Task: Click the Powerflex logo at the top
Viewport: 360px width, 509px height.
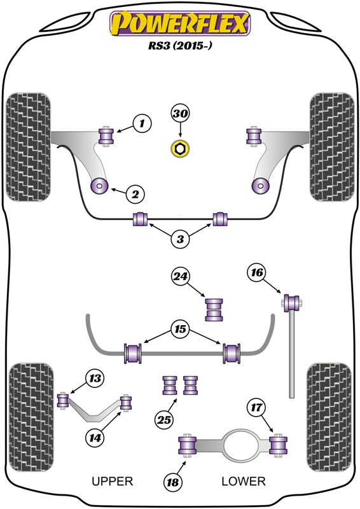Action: coord(180,24)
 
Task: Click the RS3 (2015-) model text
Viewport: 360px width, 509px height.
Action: coord(180,47)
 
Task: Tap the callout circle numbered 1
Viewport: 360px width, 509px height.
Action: coord(142,123)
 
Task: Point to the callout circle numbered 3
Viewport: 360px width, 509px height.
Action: coord(181,239)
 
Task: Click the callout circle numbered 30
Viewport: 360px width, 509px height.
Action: coord(181,115)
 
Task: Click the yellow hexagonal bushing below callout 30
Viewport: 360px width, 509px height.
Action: coord(180,150)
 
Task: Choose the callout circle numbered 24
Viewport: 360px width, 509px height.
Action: coord(181,276)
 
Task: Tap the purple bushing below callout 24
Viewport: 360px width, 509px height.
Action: coord(215,309)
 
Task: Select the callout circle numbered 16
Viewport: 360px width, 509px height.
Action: coord(256,274)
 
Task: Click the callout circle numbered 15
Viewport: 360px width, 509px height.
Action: coord(181,330)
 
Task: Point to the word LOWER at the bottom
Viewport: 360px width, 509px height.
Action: coord(243,482)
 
